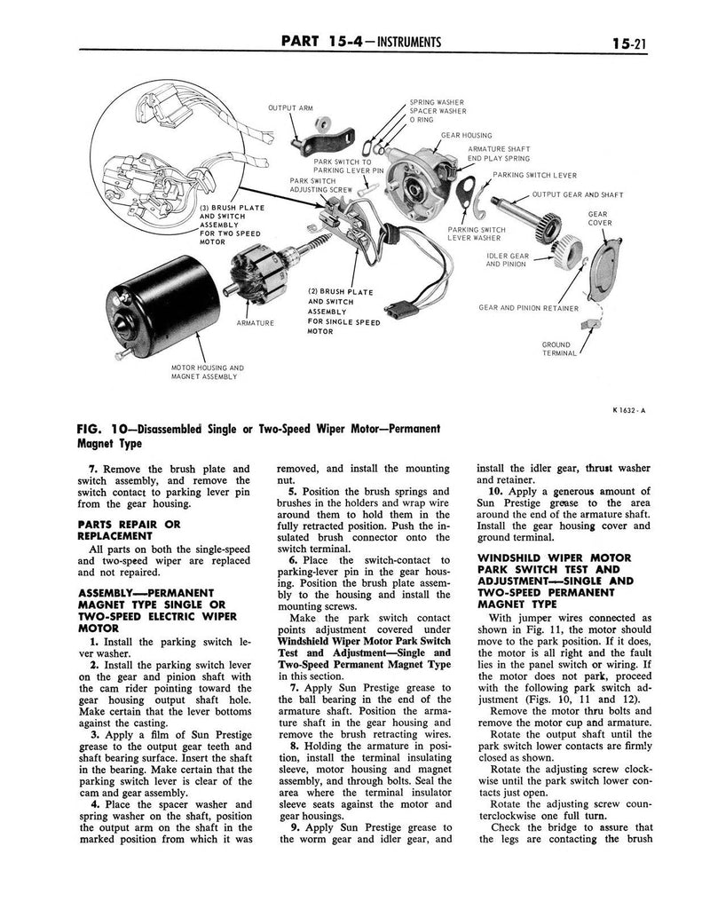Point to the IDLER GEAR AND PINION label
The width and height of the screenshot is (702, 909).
[508, 259]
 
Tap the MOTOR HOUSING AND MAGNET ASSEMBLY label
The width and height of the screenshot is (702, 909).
[207, 371]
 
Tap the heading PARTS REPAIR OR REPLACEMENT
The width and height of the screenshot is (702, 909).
[130, 530]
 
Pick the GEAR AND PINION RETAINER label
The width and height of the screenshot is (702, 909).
[528, 308]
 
